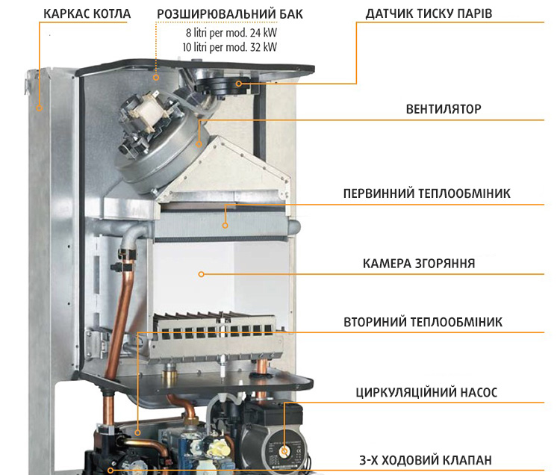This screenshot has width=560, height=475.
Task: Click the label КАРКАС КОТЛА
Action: click(x=87, y=14)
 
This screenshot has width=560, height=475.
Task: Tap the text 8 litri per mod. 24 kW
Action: click(x=231, y=34)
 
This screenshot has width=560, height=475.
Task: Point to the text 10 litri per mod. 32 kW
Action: click(x=231, y=46)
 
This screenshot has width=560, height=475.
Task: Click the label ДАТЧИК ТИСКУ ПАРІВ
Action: click(x=429, y=14)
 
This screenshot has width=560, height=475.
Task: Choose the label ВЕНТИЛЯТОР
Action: click(x=444, y=109)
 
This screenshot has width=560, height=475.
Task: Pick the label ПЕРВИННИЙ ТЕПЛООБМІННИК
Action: click(x=426, y=193)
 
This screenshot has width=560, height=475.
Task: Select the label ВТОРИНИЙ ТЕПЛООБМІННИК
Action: click(x=423, y=322)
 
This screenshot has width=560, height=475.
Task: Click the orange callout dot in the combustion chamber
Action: click(x=201, y=275)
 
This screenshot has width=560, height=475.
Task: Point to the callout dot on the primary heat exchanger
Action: click(x=226, y=222)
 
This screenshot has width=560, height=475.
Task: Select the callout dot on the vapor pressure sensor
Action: click(x=239, y=84)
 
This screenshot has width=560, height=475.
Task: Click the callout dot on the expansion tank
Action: click(x=156, y=76)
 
